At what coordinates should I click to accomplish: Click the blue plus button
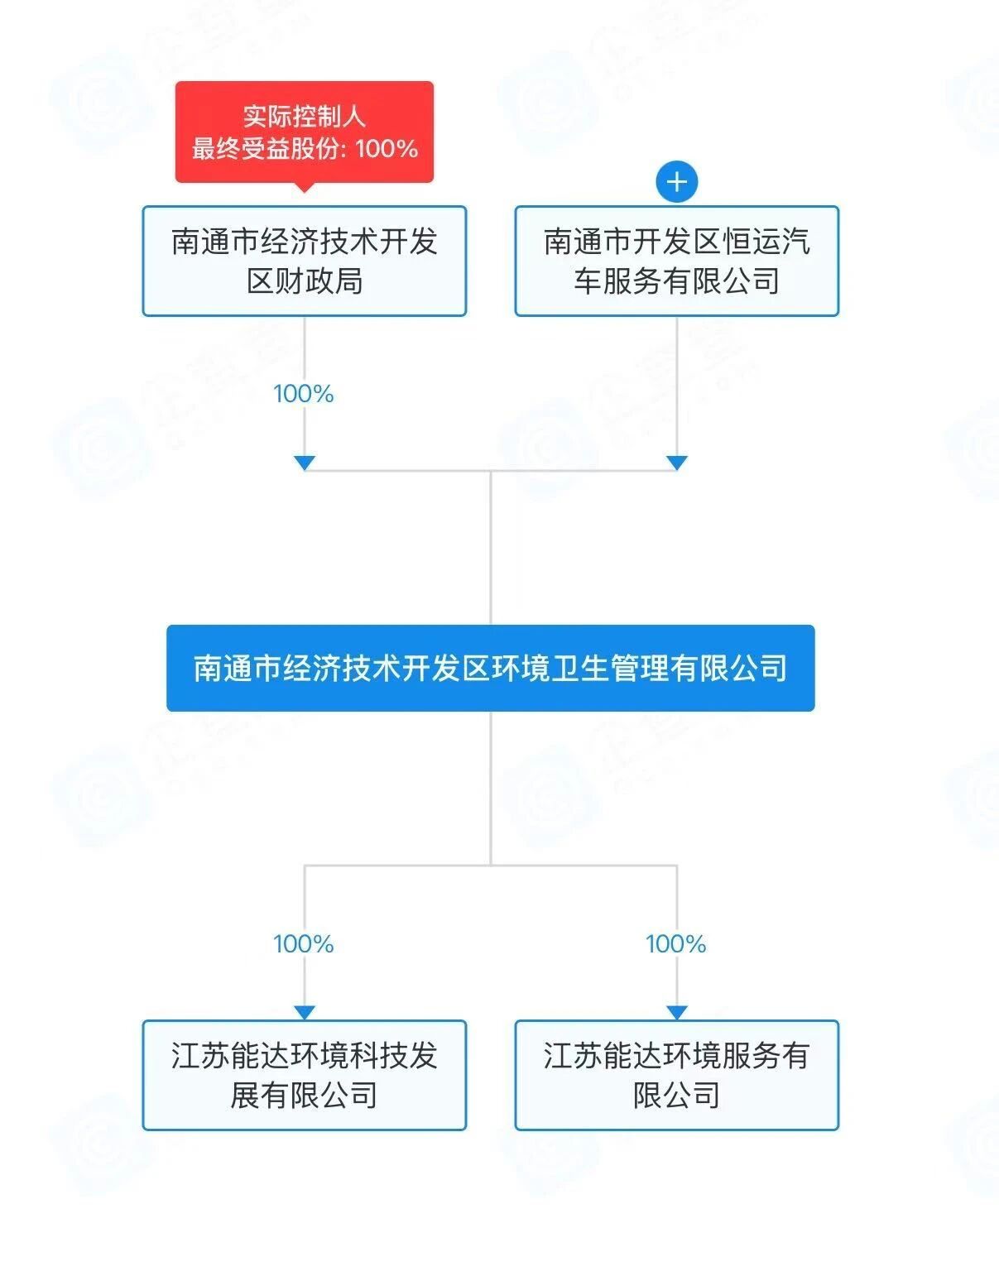click(x=676, y=182)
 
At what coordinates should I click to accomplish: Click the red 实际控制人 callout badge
click(x=304, y=132)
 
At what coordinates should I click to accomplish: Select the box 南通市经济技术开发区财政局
click(x=304, y=261)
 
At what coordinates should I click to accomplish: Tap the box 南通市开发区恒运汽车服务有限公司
click(x=676, y=261)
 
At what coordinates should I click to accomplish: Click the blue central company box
click(x=490, y=668)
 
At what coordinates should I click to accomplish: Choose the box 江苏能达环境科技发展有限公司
click(x=304, y=1075)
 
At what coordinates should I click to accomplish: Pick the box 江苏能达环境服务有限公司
click(x=676, y=1075)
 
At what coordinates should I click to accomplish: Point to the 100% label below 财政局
click(x=304, y=394)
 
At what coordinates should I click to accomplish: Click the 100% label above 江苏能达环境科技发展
click(x=304, y=944)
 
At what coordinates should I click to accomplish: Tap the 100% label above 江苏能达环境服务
click(x=676, y=944)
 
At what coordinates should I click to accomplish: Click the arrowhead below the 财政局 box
click(x=305, y=463)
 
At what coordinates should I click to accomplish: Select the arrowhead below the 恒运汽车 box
click(x=677, y=463)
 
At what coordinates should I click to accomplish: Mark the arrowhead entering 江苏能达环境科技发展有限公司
click(x=305, y=1013)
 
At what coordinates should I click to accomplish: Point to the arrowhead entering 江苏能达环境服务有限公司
click(x=677, y=1013)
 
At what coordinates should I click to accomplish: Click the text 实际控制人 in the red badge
click(x=304, y=116)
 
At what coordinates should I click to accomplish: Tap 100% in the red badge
click(x=387, y=149)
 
